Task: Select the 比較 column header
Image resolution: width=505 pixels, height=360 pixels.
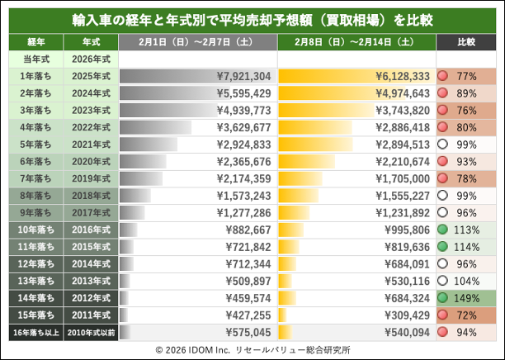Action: [467, 40]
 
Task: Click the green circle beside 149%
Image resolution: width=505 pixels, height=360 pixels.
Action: [443, 297]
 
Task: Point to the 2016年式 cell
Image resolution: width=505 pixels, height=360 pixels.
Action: [88, 230]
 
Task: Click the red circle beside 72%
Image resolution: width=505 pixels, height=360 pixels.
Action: [443, 315]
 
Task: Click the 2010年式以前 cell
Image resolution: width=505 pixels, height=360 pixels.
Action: [88, 333]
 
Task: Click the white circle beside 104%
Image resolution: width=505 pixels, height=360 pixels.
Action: [443, 280]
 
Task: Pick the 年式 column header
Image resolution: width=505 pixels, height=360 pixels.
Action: [88, 40]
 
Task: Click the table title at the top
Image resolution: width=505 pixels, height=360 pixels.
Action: [252, 17]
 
